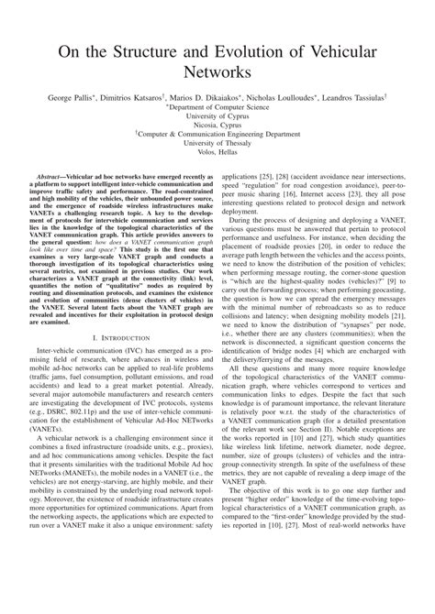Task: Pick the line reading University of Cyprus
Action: click(x=217, y=117)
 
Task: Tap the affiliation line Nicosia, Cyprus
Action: click(x=217, y=128)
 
